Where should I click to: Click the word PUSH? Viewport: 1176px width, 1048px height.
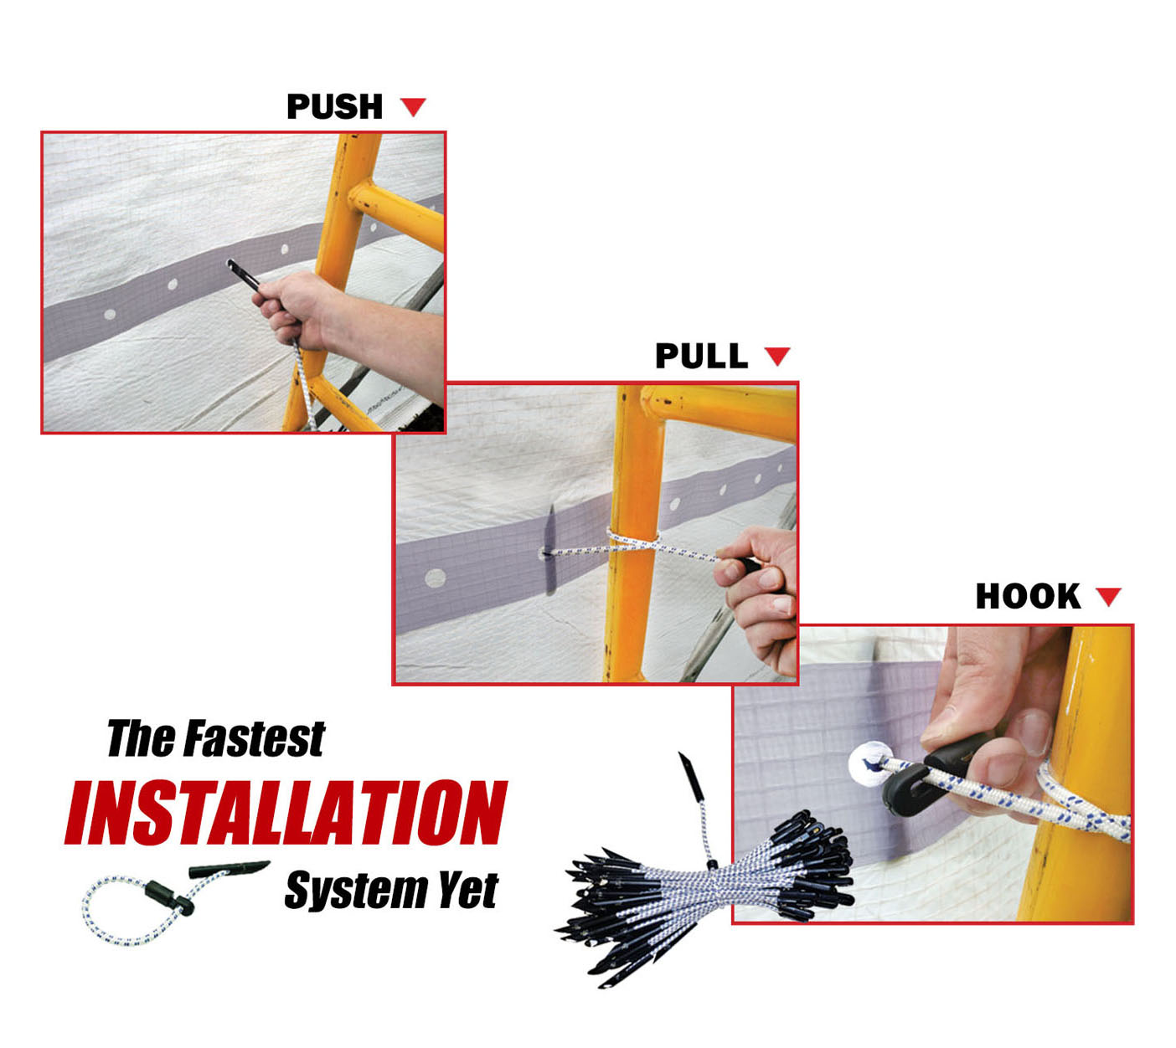334,107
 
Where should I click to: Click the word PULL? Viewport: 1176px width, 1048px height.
701,357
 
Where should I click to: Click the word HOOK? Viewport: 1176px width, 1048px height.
1028,597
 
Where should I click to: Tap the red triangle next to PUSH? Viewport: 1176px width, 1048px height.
413,106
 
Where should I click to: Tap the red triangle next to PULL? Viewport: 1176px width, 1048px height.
777,357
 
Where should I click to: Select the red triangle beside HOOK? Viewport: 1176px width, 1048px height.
1108,597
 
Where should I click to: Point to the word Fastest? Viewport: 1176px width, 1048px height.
254,739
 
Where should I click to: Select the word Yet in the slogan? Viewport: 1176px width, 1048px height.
468,890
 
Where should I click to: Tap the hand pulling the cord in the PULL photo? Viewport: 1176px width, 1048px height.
762,598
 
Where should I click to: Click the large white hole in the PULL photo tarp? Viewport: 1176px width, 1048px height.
435,578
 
